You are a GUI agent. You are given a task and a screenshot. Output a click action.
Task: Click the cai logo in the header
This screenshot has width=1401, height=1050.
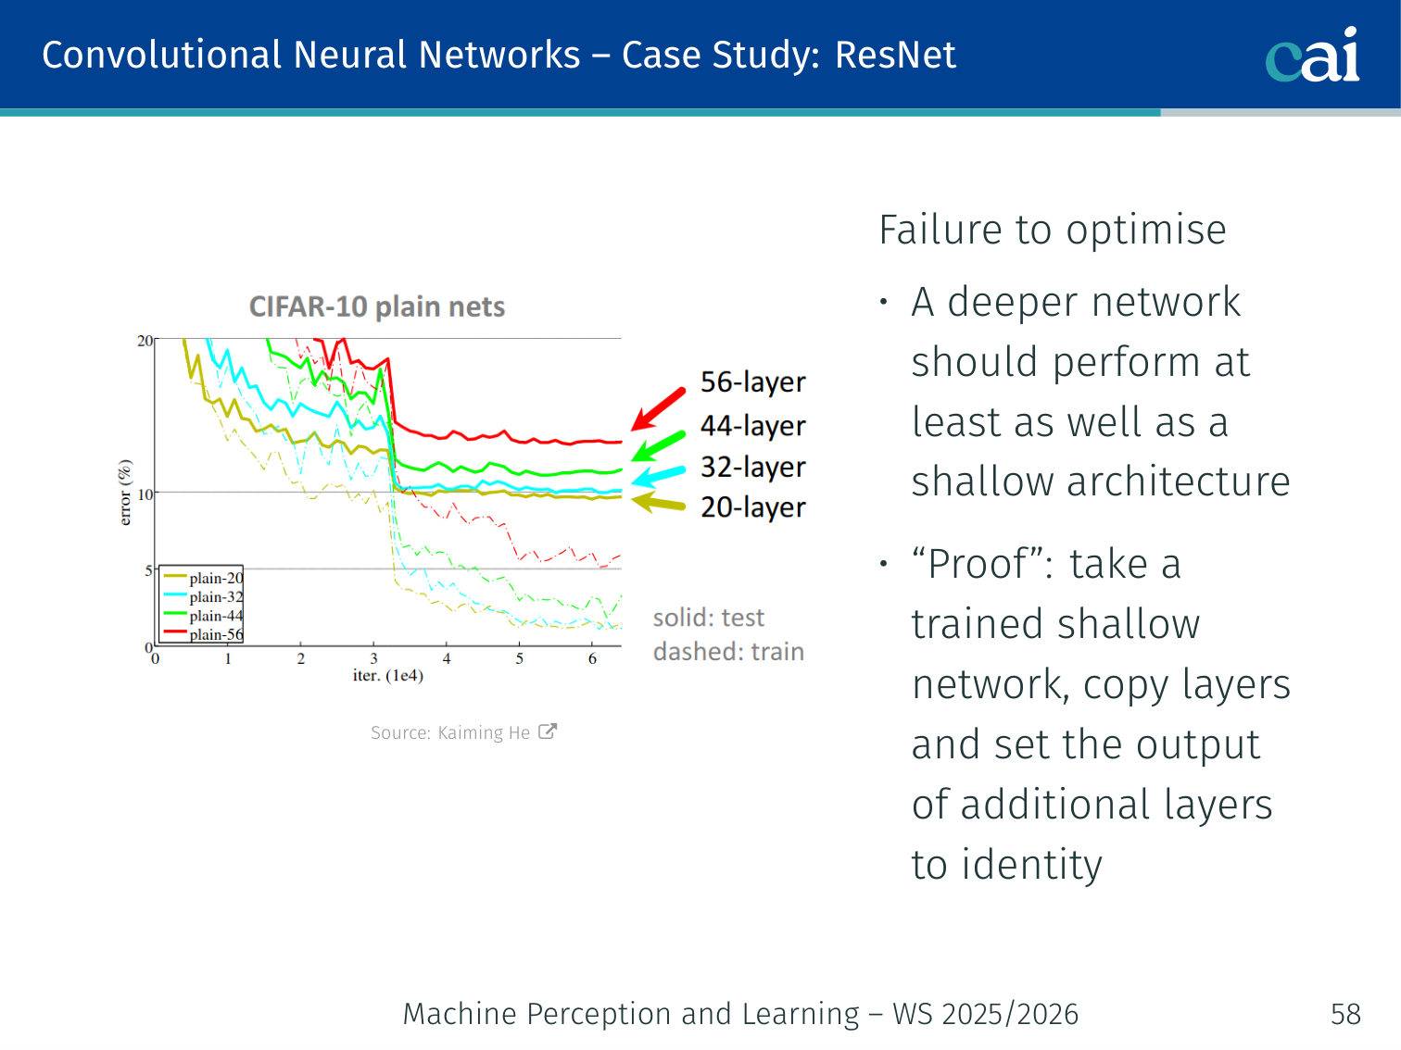click(x=1312, y=56)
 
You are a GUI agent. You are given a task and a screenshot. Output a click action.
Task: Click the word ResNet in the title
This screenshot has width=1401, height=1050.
click(x=895, y=56)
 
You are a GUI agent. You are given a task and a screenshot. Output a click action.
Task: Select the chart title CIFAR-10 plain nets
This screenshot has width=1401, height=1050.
click(x=377, y=306)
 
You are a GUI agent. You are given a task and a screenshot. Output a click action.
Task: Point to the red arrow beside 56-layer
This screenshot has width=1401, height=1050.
click(x=658, y=408)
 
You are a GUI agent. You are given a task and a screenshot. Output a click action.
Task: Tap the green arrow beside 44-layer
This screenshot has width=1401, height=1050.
click(x=658, y=446)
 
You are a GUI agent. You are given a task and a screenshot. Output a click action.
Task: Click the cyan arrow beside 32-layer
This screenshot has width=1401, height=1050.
click(x=658, y=476)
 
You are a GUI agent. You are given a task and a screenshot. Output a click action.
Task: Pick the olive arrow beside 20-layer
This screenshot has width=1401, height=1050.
click(x=658, y=503)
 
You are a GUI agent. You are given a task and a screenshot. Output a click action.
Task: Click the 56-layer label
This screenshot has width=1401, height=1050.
click(x=752, y=381)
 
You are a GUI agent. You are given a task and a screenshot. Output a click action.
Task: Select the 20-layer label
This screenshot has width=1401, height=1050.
click(x=752, y=507)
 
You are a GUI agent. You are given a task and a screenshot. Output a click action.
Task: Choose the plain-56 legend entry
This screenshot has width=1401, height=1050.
click(x=215, y=634)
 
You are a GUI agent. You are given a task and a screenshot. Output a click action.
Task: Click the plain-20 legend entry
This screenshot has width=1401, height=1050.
click(x=215, y=578)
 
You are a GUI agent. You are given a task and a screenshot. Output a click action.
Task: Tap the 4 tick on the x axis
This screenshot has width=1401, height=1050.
click(x=447, y=659)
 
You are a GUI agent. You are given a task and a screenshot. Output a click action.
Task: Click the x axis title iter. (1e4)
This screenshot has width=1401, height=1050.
click(x=387, y=676)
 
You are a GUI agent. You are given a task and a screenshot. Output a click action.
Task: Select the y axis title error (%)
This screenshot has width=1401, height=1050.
click(x=125, y=493)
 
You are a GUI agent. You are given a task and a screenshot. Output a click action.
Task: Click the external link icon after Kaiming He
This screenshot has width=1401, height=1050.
click(x=548, y=731)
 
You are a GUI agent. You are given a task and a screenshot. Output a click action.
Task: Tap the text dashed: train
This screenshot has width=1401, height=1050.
click(x=728, y=652)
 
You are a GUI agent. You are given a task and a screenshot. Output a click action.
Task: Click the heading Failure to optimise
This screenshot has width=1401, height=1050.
click(x=1052, y=230)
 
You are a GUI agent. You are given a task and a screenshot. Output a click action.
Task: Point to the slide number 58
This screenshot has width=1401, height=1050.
click(x=1345, y=1014)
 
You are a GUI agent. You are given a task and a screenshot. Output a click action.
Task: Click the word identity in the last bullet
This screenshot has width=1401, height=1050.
click(x=1031, y=865)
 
